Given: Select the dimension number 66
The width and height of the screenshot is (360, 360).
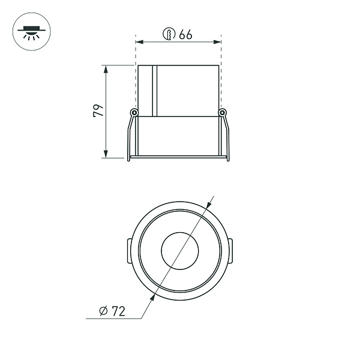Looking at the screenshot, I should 185,35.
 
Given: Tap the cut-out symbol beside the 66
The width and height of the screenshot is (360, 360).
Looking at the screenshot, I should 170,35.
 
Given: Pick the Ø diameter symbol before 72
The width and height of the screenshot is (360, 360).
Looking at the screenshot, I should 103,311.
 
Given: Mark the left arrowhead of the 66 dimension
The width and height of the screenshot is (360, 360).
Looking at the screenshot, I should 140,42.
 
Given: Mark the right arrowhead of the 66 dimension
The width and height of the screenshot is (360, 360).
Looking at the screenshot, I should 218,42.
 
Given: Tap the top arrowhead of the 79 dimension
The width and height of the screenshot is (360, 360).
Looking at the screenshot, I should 106,68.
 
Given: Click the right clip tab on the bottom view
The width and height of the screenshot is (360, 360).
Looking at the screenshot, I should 232,250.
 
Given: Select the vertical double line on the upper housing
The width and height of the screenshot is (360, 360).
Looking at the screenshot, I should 154,90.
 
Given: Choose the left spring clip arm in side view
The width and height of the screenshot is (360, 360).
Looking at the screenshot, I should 129,138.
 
